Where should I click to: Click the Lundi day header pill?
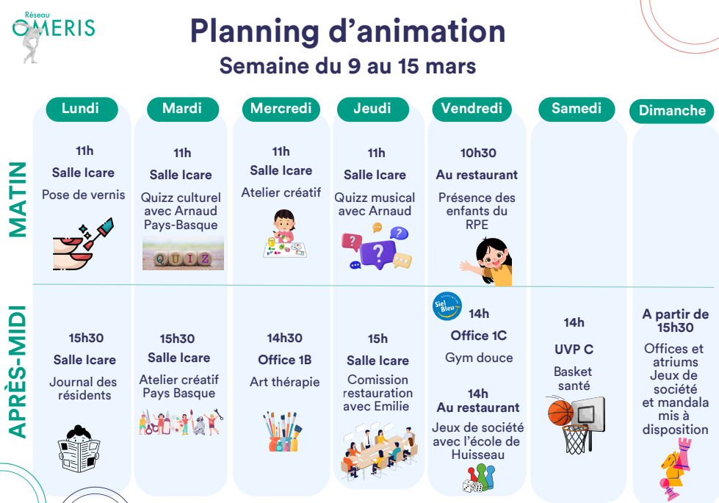(x=82, y=109)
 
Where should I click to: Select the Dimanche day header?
(x=672, y=111)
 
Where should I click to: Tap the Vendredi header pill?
(x=471, y=109)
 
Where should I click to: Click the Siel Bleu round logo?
(x=447, y=306)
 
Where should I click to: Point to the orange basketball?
(x=560, y=413)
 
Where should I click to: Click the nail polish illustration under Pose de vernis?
(x=82, y=244)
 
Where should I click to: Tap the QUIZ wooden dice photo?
(x=183, y=253)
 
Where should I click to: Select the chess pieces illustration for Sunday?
(x=675, y=469)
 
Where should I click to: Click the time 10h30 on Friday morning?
(x=478, y=153)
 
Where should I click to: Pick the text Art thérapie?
(x=284, y=382)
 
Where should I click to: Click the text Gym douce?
(x=479, y=358)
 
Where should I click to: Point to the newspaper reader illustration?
(x=79, y=449)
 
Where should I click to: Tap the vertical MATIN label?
(x=18, y=200)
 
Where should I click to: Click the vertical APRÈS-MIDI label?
(x=18, y=372)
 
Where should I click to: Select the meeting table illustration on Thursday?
(x=380, y=452)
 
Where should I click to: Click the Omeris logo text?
(x=54, y=27)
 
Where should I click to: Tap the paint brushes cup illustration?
(x=283, y=431)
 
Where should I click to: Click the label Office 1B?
(x=284, y=360)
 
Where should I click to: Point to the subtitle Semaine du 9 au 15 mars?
(x=347, y=66)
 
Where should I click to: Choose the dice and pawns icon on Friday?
(x=479, y=479)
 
